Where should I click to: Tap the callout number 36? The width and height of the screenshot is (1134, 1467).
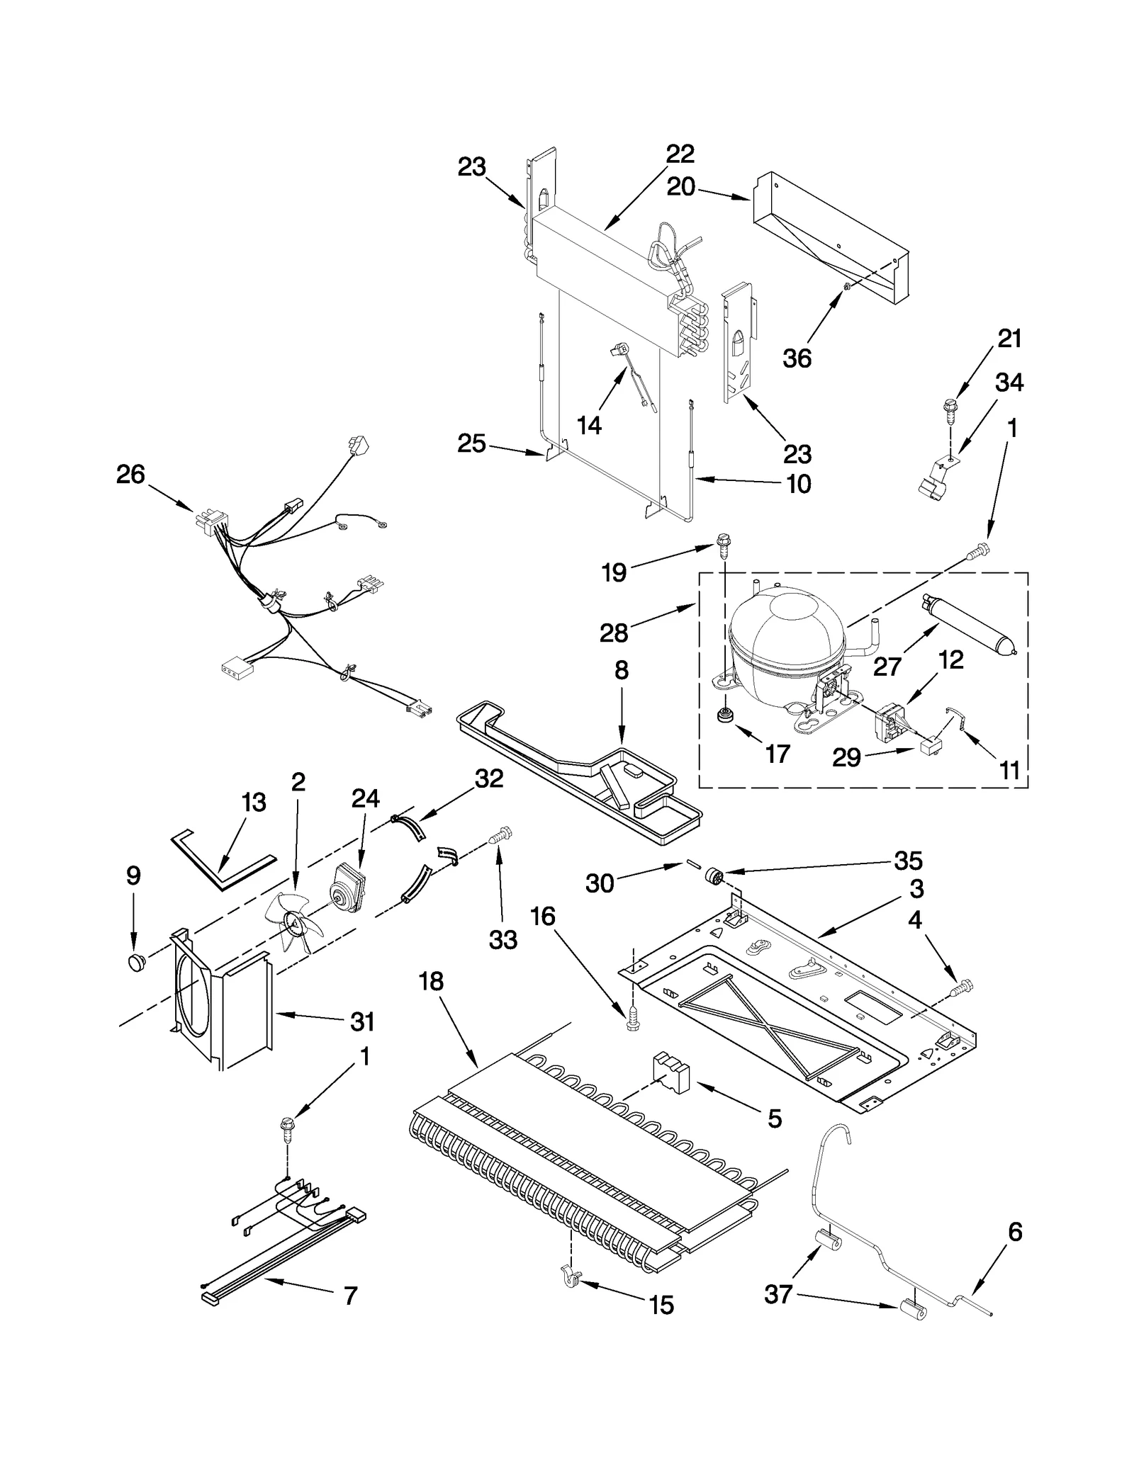pyautogui.click(x=797, y=358)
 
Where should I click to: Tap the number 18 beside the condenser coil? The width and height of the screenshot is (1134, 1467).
pyautogui.click(x=431, y=981)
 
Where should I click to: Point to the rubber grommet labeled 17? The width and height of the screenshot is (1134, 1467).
pyautogui.click(x=724, y=716)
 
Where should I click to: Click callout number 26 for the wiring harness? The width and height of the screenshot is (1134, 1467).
pyautogui.click(x=130, y=475)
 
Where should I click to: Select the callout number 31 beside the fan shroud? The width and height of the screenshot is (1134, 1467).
pyautogui.click(x=362, y=1021)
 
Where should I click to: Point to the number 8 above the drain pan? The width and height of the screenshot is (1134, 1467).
pyautogui.click(x=622, y=670)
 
